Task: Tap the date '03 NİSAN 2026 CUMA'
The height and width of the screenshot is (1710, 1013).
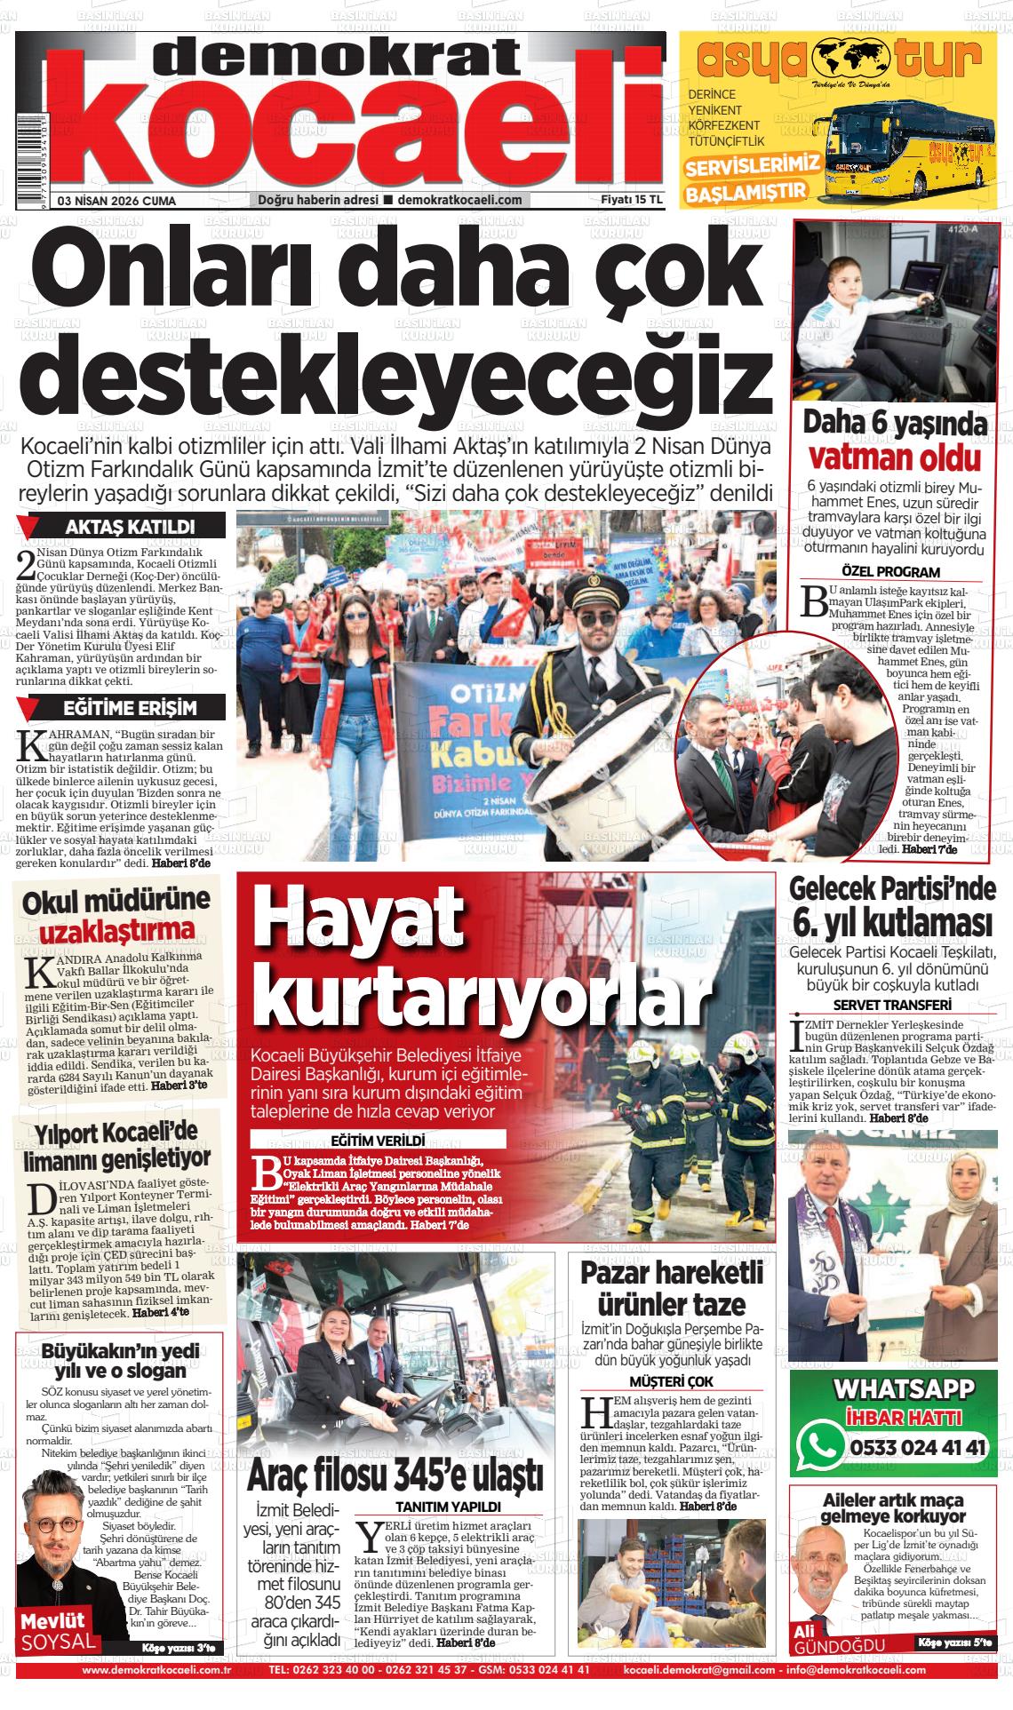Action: click(x=116, y=201)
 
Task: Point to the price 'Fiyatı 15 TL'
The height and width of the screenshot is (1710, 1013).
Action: click(x=632, y=200)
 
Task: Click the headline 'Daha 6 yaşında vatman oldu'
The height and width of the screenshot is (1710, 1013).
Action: click(x=895, y=440)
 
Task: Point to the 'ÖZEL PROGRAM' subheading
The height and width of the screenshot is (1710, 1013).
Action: click(x=890, y=572)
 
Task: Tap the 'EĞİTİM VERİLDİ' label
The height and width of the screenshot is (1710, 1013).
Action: click(x=378, y=1140)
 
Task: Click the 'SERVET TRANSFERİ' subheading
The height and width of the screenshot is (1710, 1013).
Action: click(x=890, y=1005)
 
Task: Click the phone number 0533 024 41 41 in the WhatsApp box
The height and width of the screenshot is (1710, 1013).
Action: click(x=918, y=1448)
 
